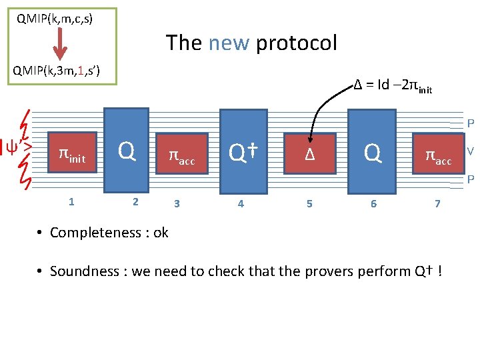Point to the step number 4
(x=241, y=203)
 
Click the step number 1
(x=71, y=201)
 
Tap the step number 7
(x=437, y=203)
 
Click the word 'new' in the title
(x=229, y=43)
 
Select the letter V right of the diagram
(x=470, y=151)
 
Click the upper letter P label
(x=470, y=123)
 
